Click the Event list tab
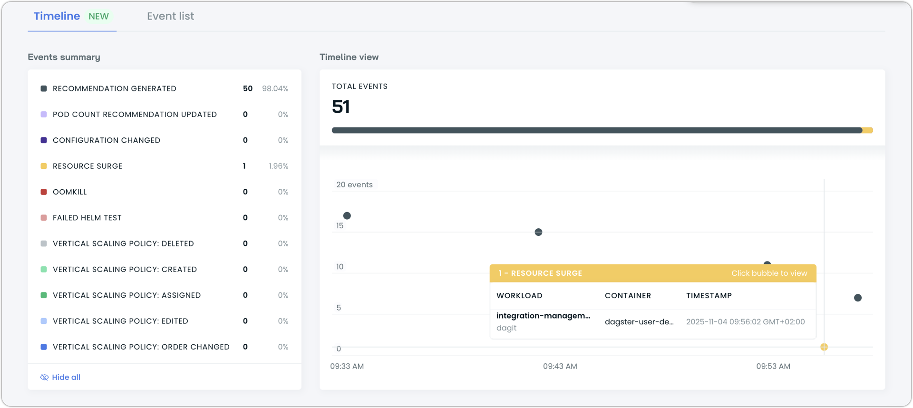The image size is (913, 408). pos(170,16)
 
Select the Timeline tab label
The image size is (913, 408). pos(57,16)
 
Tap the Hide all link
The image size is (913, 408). pos(66,377)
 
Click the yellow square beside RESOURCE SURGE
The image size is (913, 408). pos(44,166)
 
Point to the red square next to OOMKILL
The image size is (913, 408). pos(44,192)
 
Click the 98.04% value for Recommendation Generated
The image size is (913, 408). pos(275,88)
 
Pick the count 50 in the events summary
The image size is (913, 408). pos(247,88)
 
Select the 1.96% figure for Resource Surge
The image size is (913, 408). pos(278,166)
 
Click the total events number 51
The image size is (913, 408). pos(340,107)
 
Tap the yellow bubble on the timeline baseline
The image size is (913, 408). pos(824,347)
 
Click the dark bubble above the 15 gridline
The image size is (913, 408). pos(347,216)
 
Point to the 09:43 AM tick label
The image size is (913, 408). pos(560,366)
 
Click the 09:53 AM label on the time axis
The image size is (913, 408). pos(773,366)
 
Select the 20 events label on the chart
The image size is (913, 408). pos(354,185)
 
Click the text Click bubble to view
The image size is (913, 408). pos(769,273)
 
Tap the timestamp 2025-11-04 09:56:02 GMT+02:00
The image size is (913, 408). pos(745,321)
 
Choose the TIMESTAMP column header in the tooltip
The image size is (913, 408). pos(709,295)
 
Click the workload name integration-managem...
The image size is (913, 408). pos(543,316)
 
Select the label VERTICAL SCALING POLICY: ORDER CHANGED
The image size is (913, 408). pos(141,347)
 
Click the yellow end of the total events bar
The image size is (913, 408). pos(868,130)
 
